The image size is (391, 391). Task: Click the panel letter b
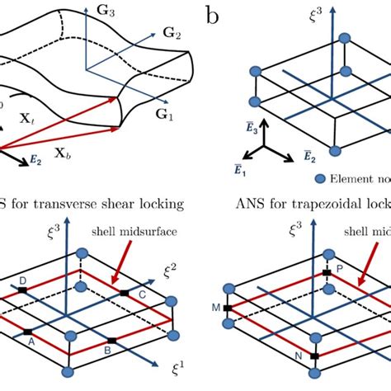point(213,16)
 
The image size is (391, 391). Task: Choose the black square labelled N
point(314,357)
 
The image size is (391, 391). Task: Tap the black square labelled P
point(326,271)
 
